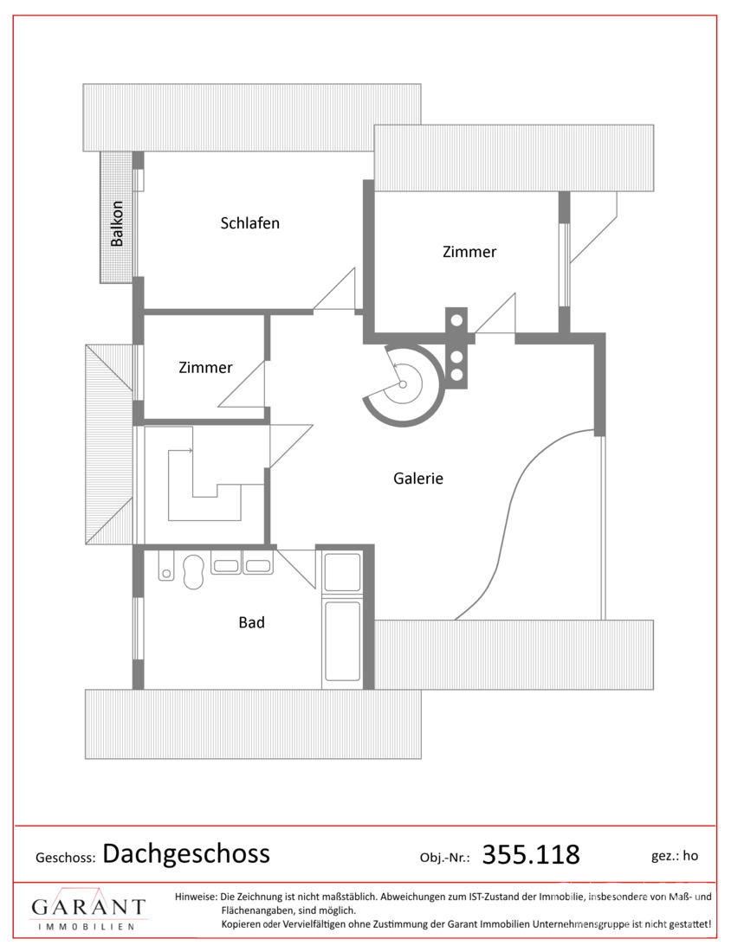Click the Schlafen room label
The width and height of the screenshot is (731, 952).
(x=249, y=222)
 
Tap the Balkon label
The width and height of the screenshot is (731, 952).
(x=117, y=223)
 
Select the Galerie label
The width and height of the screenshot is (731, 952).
(x=418, y=479)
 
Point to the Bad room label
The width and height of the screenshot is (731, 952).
(x=251, y=622)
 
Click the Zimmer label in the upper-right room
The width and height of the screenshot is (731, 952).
(x=469, y=251)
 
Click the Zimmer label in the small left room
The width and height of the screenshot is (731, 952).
(x=205, y=367)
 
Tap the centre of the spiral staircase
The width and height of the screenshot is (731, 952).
(x=402, y=384)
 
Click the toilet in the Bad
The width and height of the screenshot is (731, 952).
(x=192, y=570)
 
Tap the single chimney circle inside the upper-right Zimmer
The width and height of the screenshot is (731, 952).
(x=456, y=320)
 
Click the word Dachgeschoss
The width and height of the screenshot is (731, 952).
(x=186, y=853)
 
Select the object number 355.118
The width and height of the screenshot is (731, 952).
(x=531, y=854)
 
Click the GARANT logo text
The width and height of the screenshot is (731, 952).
(x=88, y=907)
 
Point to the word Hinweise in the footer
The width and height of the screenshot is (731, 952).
(x=196, y=896)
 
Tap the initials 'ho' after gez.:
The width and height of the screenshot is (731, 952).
(x=690, y=856)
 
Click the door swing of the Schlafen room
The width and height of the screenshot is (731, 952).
(x=334, y=290)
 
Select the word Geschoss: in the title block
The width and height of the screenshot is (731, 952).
(x=66, y=858)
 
